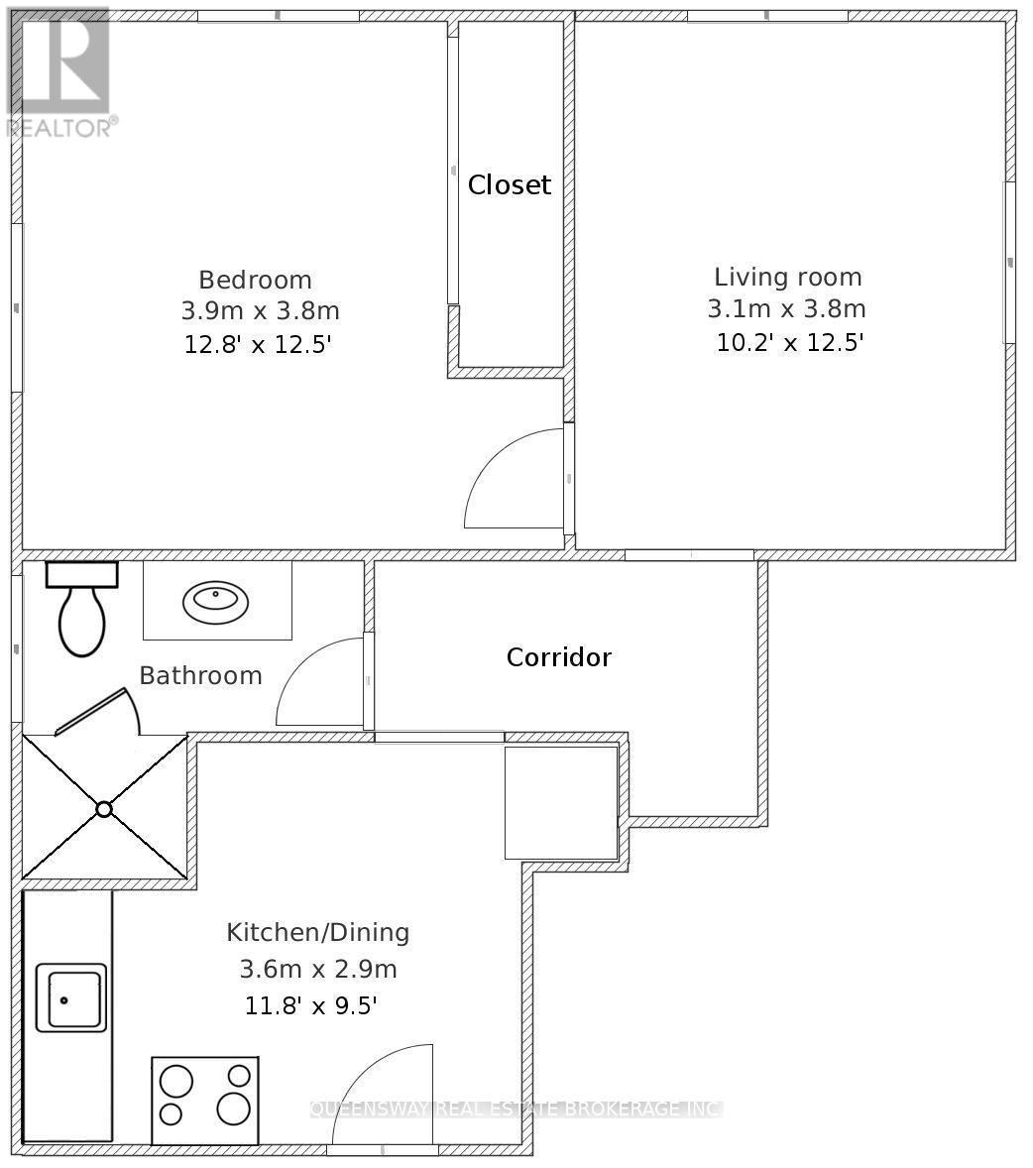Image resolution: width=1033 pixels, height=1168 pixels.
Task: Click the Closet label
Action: point(510,184)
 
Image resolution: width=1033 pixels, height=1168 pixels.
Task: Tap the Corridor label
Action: point(559,657)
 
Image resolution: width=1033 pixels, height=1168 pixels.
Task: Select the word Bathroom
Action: point(201,675)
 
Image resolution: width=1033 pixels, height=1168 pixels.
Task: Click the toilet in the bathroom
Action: point(82,610)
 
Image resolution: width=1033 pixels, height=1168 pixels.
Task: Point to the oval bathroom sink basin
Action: point(216,602)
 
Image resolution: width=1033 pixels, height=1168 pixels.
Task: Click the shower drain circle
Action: point(103,809)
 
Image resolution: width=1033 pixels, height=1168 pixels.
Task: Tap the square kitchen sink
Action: point(71,997)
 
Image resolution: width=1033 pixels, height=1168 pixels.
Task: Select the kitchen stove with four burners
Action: point(205,1101)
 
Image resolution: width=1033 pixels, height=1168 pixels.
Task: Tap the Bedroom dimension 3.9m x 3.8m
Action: point(261,310)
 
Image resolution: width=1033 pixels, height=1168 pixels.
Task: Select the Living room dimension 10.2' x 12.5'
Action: point(790,343)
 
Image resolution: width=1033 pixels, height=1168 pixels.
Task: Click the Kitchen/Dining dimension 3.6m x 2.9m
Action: point(318,969)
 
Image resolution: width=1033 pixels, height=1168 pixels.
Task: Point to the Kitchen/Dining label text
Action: point(318,933)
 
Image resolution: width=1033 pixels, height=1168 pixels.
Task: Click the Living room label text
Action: point(788,277)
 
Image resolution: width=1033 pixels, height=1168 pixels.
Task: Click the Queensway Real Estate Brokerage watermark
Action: point(516,1110)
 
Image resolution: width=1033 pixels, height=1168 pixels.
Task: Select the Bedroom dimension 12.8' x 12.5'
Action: point(258,345)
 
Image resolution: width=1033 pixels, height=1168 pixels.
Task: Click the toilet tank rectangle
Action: point(82,574)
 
